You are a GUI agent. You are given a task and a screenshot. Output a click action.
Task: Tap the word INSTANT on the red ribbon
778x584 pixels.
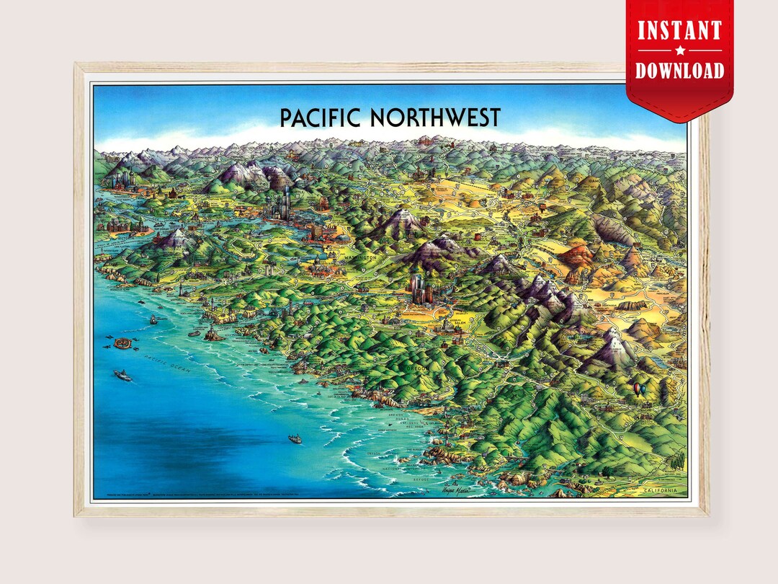679,31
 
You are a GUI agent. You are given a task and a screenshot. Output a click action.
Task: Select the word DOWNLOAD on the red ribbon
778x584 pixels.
679,70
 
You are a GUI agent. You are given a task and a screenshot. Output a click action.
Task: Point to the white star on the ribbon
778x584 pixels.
679,50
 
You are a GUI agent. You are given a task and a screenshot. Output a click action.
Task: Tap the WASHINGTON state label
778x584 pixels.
359,257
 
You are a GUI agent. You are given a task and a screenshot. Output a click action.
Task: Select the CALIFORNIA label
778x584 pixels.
661,491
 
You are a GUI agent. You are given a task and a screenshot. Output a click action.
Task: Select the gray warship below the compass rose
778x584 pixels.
122,376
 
